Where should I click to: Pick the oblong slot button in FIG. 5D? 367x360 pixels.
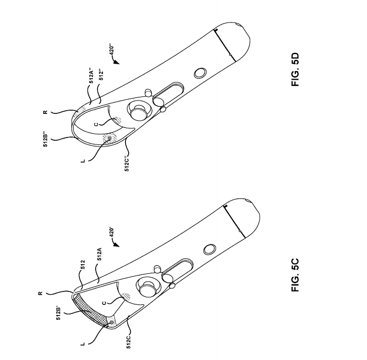[x=170, y=91]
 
